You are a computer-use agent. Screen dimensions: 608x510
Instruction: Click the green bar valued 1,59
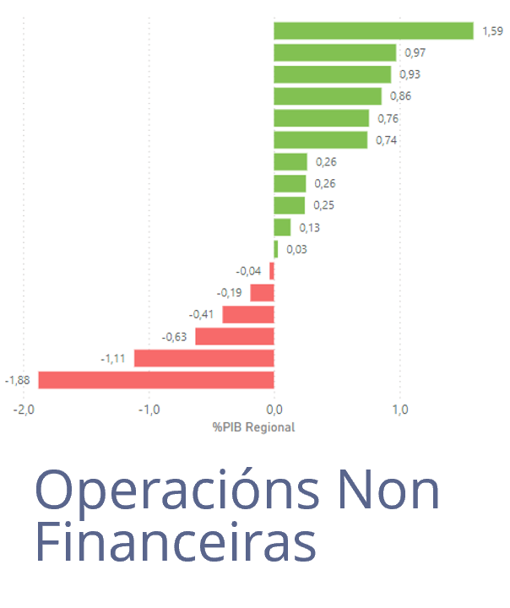click(x=373, y=31)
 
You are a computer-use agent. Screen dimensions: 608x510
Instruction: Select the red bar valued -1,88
click(x=156, y=380)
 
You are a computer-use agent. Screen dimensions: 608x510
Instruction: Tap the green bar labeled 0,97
click(x=335, y=52)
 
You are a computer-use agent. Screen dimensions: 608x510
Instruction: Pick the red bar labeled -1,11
click(x=204, y=358)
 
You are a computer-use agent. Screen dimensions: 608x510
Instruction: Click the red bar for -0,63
click(x=235, y=336)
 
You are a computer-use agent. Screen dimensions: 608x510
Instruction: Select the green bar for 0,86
click(x=328, y=96)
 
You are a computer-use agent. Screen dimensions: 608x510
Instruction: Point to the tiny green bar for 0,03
click(x=276, y=249)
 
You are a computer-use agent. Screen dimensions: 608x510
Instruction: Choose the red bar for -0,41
click(x=248, y=314)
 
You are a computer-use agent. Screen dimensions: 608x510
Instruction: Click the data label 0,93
click(x=410, y=74)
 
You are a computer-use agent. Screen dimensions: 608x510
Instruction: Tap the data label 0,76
click(x=388, y=118)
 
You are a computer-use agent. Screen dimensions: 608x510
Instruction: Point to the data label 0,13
click(x=309, y=227)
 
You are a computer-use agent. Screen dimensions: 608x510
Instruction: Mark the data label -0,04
click(x=249, y=271)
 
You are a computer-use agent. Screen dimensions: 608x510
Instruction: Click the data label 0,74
click(x=386, y=140)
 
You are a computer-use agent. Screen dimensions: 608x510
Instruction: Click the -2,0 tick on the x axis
click(x=24, y=410)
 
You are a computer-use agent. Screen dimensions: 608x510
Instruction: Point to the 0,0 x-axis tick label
click(x=274, y=410)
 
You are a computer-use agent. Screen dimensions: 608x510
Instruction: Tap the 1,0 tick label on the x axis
click(x=400, y=410)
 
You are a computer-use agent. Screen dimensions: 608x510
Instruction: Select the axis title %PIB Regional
click(x=253, y=427)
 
